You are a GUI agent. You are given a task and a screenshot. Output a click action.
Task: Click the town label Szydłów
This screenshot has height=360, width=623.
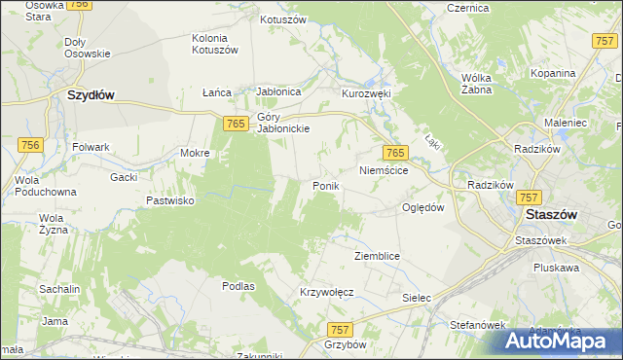91,95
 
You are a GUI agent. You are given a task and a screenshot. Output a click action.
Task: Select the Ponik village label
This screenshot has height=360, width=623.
324,186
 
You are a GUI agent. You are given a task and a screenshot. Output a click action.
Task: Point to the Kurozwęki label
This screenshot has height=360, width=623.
365,94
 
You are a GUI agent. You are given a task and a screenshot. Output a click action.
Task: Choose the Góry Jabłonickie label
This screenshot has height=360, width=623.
283,124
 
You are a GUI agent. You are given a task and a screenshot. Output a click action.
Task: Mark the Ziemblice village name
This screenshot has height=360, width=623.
378,255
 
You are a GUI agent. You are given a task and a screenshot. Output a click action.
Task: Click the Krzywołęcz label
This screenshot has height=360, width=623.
326,292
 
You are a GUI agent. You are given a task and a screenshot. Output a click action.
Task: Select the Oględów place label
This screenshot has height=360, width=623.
423,207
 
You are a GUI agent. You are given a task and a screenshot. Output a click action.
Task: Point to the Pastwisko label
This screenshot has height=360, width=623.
169,199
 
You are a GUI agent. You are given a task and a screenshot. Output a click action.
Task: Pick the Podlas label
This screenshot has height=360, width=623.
238,286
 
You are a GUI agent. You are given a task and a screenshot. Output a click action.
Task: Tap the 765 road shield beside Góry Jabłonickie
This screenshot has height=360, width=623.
234,123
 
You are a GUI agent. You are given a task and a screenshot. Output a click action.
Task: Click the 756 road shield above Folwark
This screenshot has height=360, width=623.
31,144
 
